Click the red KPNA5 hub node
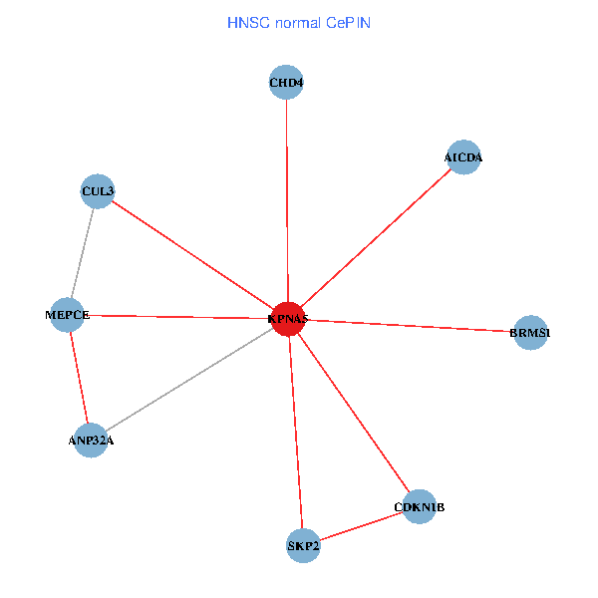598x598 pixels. tap(288, 319)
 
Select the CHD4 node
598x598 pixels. tap(286, 83)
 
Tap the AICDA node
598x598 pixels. tap(463, 157)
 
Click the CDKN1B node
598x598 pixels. tap(420, 507)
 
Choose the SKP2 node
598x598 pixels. tap(303, 545)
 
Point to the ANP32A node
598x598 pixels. tap(91, 439)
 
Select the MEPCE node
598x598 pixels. tap(69, 315)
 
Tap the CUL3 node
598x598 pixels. tap(98, 190)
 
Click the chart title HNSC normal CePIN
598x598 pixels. tap(299, 22)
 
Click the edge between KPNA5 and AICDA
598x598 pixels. tap(376, 238)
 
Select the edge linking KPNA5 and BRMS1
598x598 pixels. tap(409, 326)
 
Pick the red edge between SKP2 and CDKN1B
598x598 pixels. tap(361, 526)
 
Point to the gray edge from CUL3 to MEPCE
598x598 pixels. tap(83, 253)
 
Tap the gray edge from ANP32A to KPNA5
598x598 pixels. tap(189, 379)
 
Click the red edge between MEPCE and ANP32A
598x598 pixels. tap(80, 377)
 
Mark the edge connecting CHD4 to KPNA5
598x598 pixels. tap(287, 199)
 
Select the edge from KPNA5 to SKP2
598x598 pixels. tap(295, 432)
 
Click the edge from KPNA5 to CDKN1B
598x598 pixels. tap(354, 413)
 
